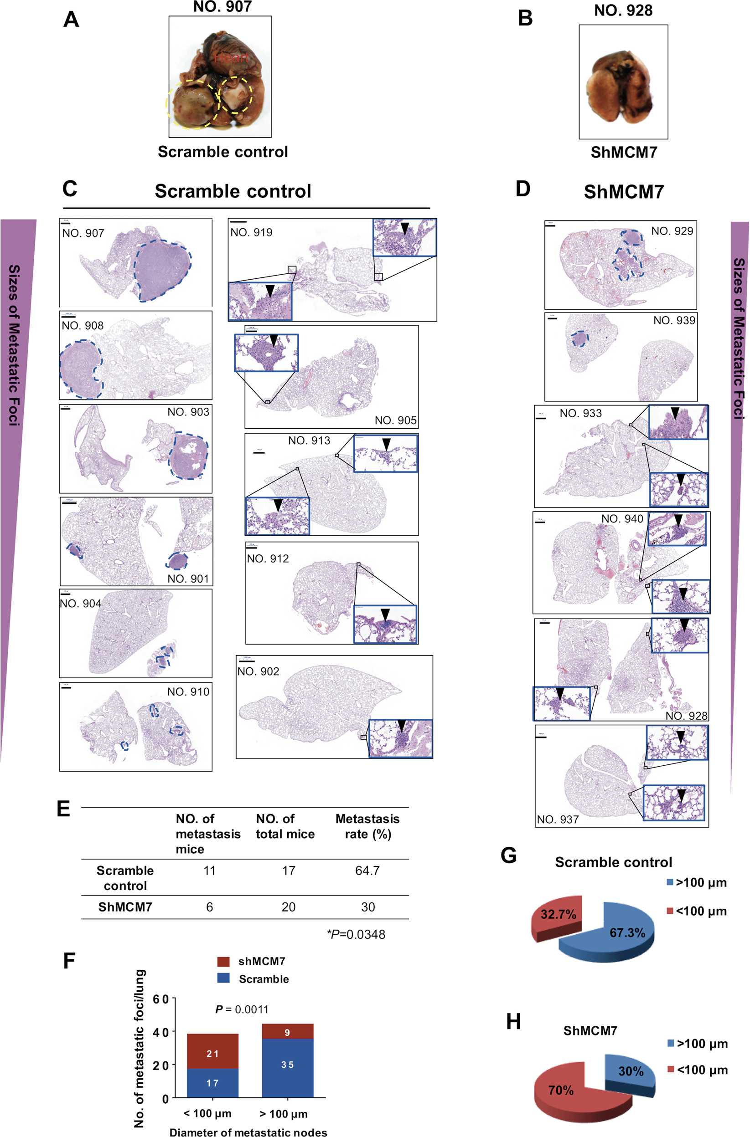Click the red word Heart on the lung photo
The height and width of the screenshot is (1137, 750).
click(231, 58)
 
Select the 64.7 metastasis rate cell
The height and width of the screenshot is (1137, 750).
click(367, 871)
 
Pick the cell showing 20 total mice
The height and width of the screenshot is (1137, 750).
click(289, 907)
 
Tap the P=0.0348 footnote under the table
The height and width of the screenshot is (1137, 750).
click(356, 934)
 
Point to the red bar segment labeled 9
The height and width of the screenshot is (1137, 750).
click(288, 1032)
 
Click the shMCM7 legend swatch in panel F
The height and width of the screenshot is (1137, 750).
click(223, 961)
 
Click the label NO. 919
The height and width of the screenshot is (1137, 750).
click(251, 233)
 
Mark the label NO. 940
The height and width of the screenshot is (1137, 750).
click(622, 518)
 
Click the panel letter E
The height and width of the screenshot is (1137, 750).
click(64, 809)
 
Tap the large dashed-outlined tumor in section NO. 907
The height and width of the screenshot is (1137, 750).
click(162, 270)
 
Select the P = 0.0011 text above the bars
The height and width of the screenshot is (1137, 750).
click(242, 1009)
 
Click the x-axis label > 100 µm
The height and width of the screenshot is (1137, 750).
click(283, 1114)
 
